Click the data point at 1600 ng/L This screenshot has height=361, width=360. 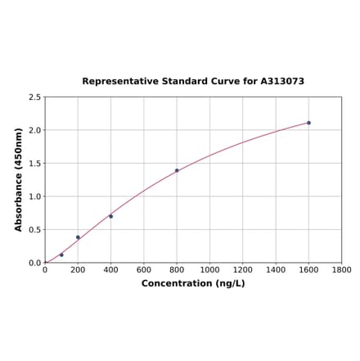(x=308, y=123)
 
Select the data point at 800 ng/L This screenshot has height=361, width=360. (x=177, y=170)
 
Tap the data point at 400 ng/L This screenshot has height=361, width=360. (x=110, y=216)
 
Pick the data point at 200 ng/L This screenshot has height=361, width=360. (x=78, y=237)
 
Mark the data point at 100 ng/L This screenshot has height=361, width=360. (x=61, y=255)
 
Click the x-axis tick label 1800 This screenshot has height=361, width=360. (x=341, y=270)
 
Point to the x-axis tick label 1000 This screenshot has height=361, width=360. (x=209, y=270)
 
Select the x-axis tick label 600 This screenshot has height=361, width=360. (x=144, y=270)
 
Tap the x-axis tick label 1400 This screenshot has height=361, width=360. (x=276, y=270)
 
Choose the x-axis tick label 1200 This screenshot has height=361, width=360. (x=243, y=270)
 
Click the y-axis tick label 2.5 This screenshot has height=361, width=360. (x=35, y=97)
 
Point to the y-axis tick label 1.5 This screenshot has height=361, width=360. (x=35, y=164)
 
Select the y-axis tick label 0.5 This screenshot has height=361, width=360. (x=35, y=230)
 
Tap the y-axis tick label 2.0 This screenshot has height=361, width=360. (x=35, y=130)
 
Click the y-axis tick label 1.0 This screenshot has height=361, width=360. (x=35, y=196)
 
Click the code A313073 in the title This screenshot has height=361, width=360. (x=282, y=82)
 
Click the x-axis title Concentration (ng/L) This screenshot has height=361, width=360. (x=193, y=283)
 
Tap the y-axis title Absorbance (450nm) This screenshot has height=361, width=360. (x=19, y=179)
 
